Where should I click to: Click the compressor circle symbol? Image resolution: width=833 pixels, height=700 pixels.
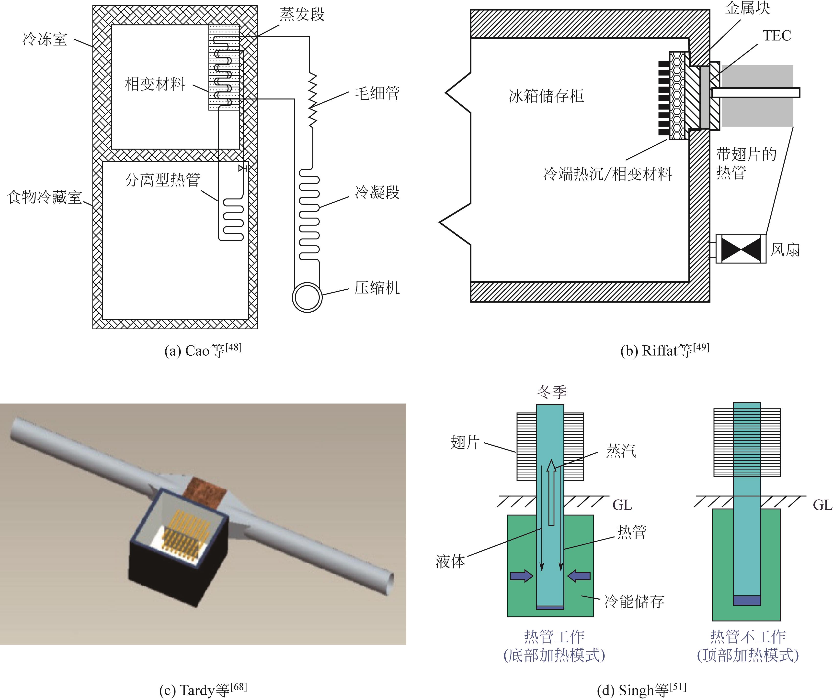[307, 297]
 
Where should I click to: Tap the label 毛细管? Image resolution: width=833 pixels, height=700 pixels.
[377, 93]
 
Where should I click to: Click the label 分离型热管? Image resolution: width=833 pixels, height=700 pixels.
[162, 180]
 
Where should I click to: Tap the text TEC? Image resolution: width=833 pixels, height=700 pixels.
[776, 36]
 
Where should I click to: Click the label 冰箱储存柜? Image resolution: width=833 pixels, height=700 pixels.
[546, 96]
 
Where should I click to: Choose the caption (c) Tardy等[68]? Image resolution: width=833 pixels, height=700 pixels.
[203, 690]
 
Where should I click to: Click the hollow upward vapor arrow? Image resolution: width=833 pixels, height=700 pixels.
[551, 492]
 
